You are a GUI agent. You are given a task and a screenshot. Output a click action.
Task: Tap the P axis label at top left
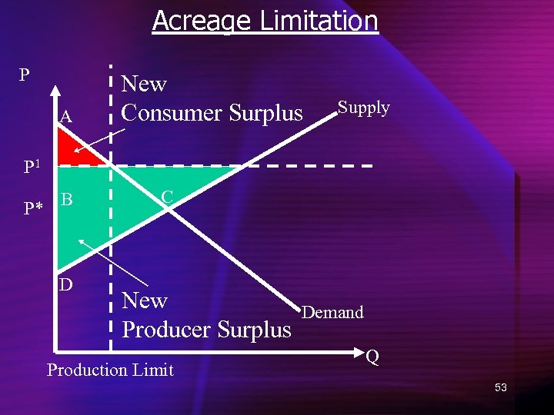pyautogui.click(x=25, y=75)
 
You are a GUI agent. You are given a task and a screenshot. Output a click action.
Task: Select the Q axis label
pyautogui.click(x=372, y=357)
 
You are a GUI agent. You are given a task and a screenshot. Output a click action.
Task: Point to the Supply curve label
pyautogui.click(x=364, y=108)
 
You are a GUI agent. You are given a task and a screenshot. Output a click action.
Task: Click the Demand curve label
pyautogui.click(x=332, y=312)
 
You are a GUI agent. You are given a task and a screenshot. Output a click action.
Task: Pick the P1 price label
pyautogui.click(x=32, y=166)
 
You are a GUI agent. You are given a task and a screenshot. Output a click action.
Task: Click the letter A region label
pyautogui.click(x=66, y=118)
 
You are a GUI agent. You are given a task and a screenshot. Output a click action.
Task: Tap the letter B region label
pyautogui.click(x=67, y=201)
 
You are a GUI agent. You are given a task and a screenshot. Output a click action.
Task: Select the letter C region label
pyautogui.click(x=166, y=198)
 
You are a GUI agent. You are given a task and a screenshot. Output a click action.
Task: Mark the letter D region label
pyautogui.click(x=67, y=284)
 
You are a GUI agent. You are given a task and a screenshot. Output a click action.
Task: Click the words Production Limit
pyautogui.click(x=110, y=370)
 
